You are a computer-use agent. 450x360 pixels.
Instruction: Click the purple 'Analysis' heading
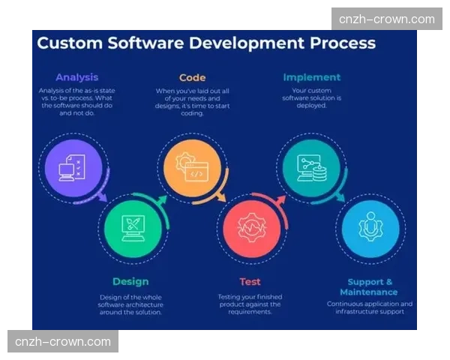pos(76,77)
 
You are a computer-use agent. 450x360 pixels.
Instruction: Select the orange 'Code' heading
pos(192,77)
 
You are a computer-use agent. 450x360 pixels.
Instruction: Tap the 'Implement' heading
pos(311,77)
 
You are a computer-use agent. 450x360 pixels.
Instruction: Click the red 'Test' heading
pos(250,282)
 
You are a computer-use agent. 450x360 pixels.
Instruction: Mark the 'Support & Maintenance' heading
pos(369,286)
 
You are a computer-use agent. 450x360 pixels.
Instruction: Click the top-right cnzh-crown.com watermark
pos(386,19)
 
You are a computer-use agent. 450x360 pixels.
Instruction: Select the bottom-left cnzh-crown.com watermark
pos(62,342)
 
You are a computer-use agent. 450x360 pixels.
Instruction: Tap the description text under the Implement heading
pos(311,97)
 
